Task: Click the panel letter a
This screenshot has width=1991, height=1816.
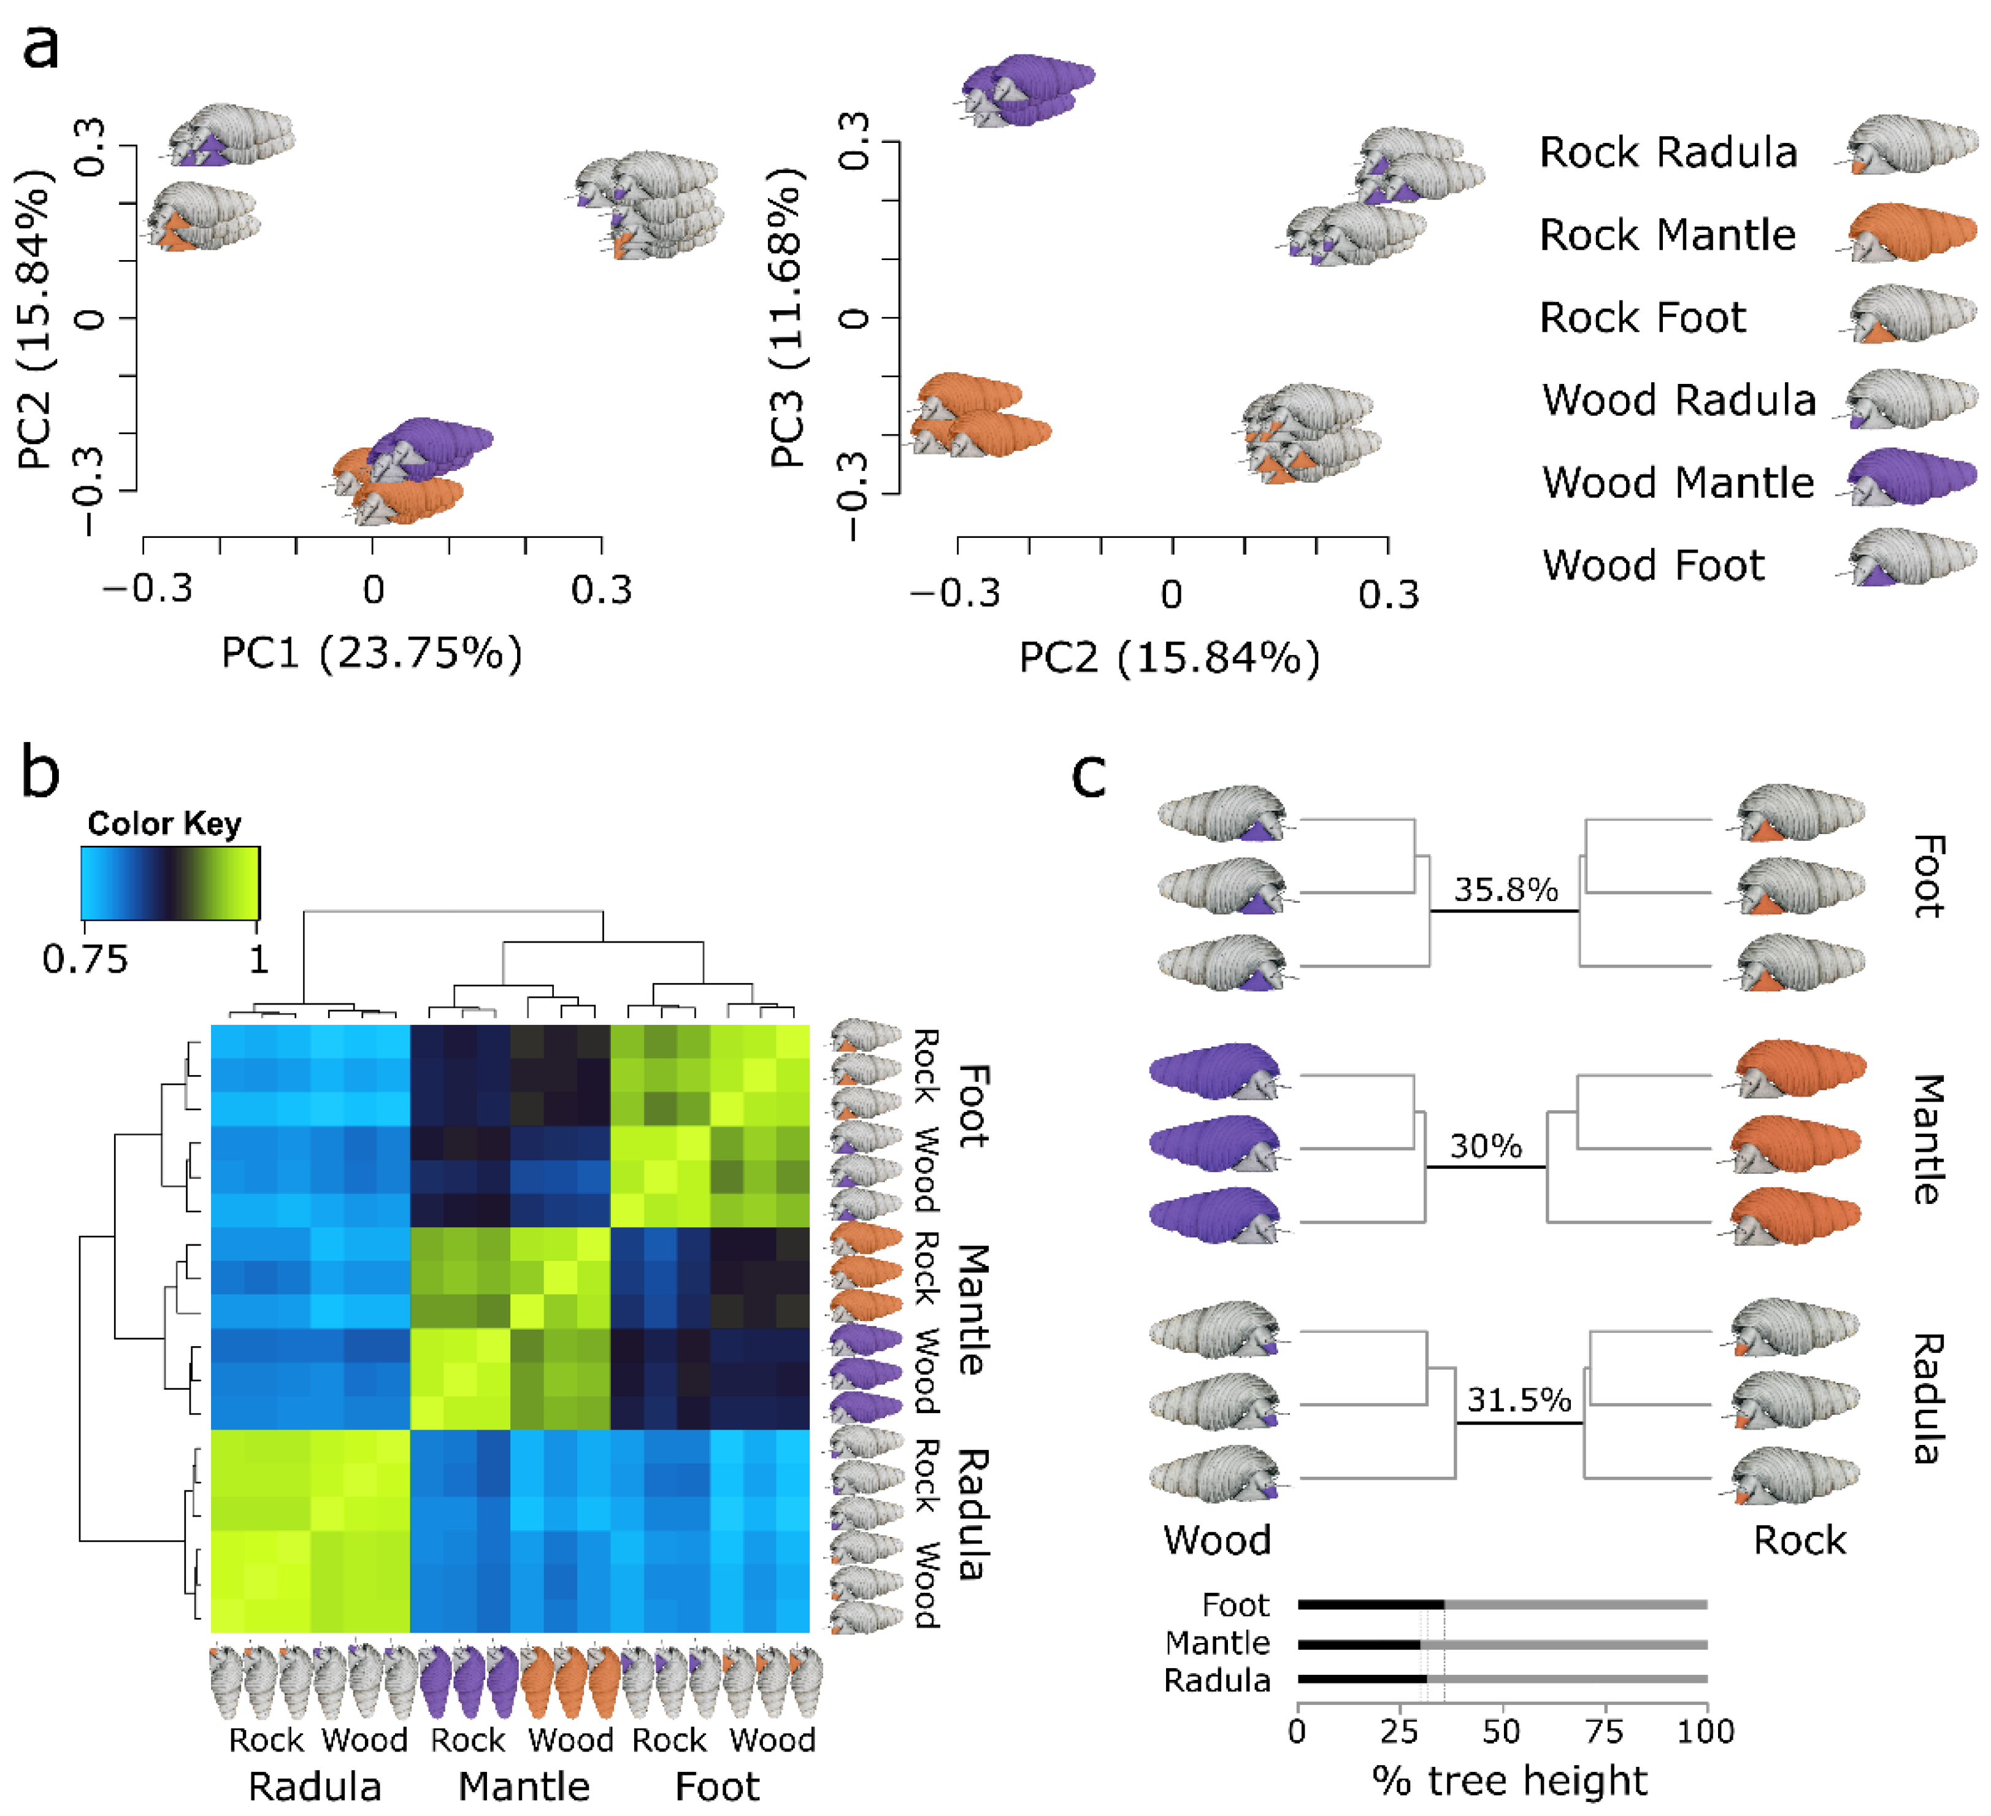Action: pos(42,47)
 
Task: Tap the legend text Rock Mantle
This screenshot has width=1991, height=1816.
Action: pos(1667,235)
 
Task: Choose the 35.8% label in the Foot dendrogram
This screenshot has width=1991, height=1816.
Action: pos(1505,890)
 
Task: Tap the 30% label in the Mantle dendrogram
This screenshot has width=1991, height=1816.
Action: pos(1486,1146)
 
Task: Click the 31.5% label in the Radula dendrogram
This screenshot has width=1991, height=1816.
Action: pos(1518,1400)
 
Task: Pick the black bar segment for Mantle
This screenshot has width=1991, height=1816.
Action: pos(1359,1644)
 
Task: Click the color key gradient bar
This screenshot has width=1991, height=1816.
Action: pos(170,883)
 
